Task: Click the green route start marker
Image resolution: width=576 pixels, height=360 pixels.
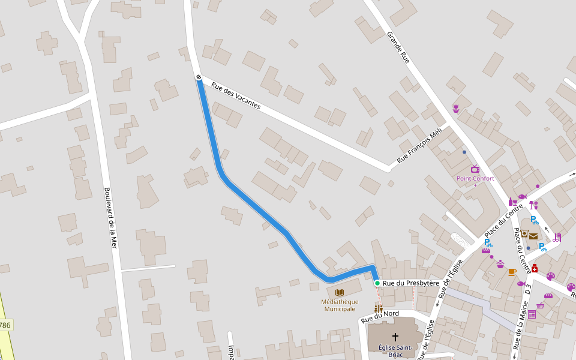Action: (x=377, y=283)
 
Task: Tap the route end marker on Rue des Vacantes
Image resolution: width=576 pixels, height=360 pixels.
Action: (x=198, y=77)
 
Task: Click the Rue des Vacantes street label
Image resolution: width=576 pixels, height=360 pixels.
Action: (x=236, y=95)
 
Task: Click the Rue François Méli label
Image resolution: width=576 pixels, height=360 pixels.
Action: (x=419, y=145)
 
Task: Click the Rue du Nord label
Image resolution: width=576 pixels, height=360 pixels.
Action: (x=380, y=316)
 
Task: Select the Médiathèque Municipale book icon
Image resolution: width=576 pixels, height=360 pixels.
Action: (x=340, y=292)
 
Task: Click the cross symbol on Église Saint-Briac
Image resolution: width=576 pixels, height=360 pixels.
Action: (x=395, y=337)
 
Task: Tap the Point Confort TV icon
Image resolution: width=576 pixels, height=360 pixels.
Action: (x=475, y=169)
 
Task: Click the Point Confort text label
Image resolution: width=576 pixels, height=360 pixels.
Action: (x=475, y=178)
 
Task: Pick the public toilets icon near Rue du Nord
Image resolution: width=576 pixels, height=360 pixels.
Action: (x=379, y=308)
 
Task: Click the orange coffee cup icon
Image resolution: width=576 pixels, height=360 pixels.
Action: (x=512, y=272)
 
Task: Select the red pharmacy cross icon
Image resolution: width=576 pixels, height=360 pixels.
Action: (x=534, y=268)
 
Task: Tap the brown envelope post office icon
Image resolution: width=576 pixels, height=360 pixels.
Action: (x=533, y=236)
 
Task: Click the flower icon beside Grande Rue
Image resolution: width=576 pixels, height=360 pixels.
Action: (x=456, y=109)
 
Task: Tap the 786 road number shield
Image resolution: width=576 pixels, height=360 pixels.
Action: (x=5, y=325)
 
